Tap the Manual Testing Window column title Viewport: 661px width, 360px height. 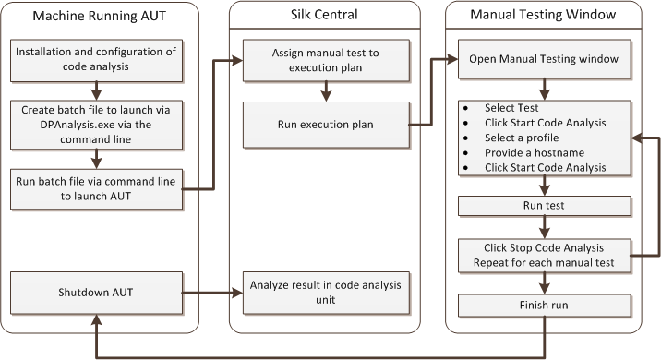[545, 16]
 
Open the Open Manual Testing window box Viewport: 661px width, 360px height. [546, 59]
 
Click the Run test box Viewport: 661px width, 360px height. [546, 205]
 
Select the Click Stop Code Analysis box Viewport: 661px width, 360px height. [546, 256]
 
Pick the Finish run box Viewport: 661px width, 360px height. [546, 306]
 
